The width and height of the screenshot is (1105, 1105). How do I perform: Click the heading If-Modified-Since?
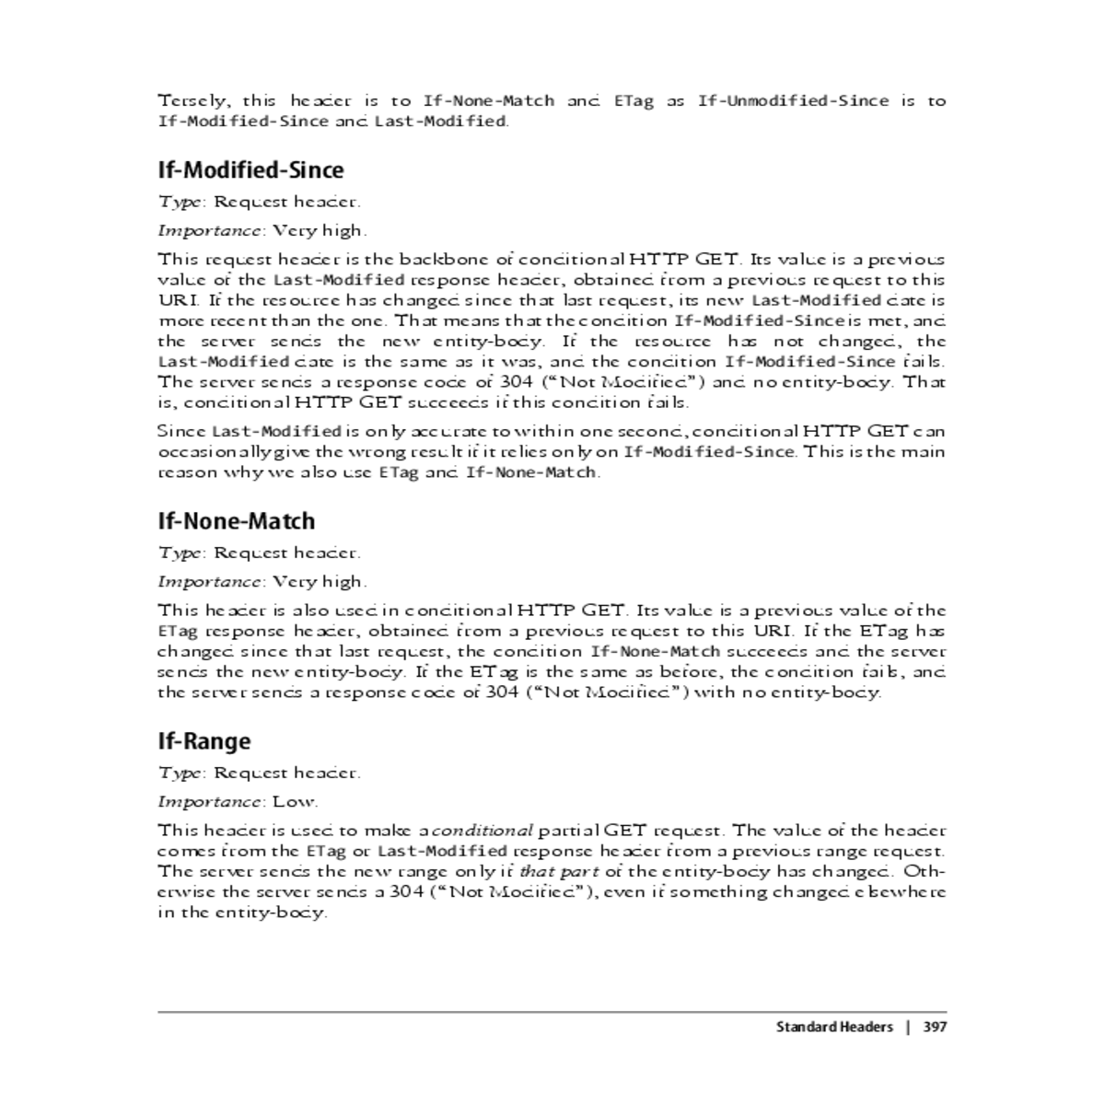pos(250,170)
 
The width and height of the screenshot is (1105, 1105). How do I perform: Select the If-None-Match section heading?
pos(237,521)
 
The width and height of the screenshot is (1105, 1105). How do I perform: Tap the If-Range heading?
pos(204,741)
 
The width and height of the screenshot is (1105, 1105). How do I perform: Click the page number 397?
pos(935,1027)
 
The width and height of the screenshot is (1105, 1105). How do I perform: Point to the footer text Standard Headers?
pos(834,1027)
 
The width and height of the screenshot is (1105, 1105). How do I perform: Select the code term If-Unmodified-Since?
pos(793,100)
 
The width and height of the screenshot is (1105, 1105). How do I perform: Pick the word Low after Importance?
pos(294,801)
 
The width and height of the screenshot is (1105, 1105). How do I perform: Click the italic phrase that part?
pos(560,870)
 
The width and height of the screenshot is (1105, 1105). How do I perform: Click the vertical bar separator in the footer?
pos(908,1027)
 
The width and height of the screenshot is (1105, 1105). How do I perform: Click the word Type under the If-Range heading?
pos(180,773)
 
